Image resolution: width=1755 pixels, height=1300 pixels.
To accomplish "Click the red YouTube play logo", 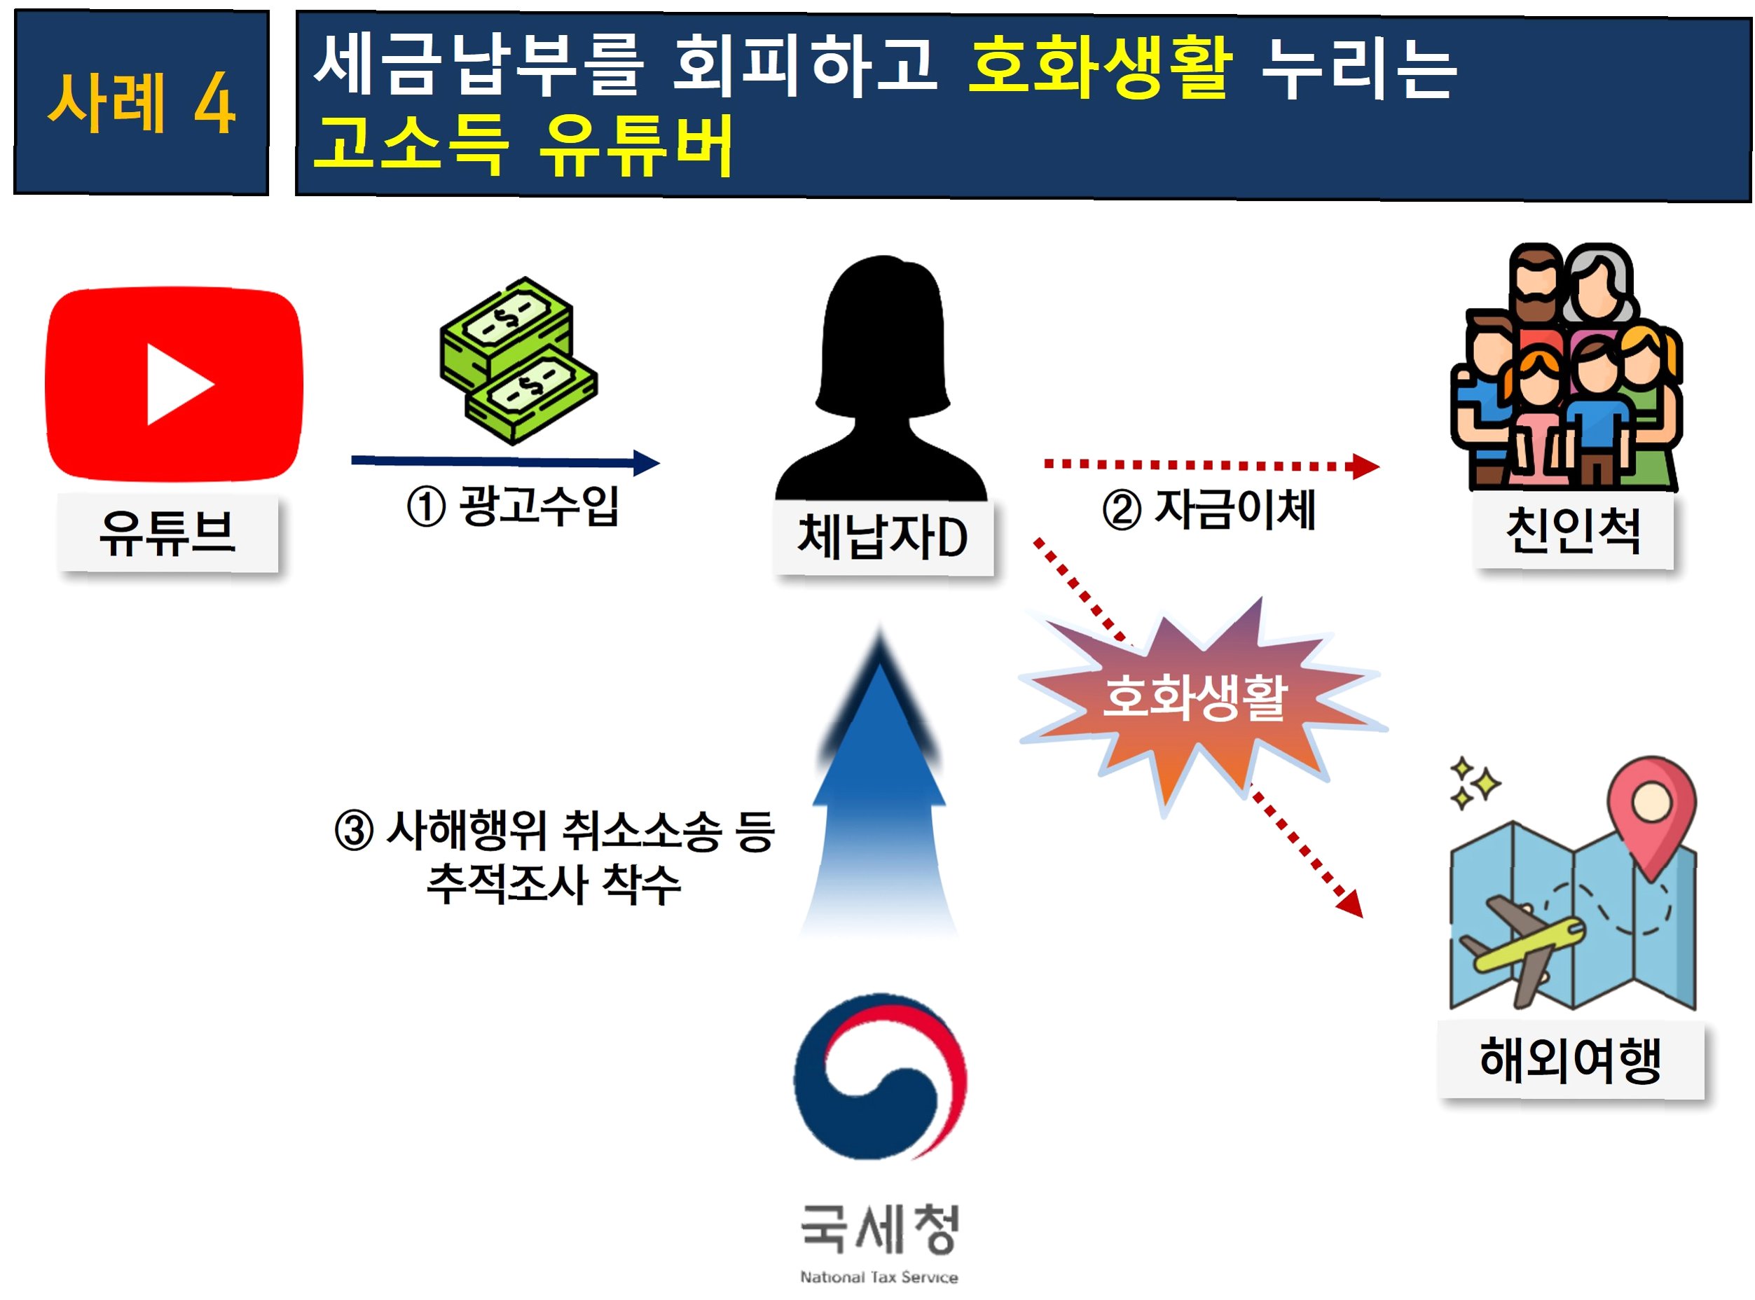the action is coord(173,384).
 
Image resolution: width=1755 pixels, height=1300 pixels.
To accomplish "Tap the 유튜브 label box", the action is coord(167,533).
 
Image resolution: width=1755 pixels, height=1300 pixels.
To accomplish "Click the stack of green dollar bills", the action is coord(518,358).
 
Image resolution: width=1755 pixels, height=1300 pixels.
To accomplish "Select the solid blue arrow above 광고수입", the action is coord(504,462).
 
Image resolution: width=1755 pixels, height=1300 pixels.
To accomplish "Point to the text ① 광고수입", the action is coord(513,505).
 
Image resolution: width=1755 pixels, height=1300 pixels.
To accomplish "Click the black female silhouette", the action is coord(881,378).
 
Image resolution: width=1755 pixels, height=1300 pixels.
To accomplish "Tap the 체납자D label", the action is coord(882,538).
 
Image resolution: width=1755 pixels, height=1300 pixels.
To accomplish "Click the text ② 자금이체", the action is coord(1208,509).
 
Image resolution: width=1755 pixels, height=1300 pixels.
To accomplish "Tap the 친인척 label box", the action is coord(1572,530).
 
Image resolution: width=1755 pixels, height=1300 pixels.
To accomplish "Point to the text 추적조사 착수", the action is coord(553,885).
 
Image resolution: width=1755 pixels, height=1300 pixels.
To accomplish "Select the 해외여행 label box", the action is coord(1570,1060).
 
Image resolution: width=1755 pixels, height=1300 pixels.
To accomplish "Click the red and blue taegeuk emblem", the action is coord(880,1077).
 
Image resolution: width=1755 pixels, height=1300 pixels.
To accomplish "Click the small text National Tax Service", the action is coord(879,1277).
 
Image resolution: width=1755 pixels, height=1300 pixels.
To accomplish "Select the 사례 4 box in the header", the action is coord(142,102).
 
